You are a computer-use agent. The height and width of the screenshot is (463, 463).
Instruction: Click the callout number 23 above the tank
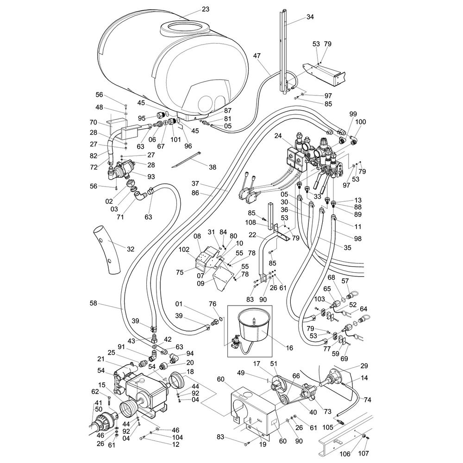point(206,9)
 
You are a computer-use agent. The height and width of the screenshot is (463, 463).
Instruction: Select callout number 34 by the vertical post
point(310,17)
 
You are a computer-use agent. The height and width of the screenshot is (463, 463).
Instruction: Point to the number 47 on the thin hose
point(257,55)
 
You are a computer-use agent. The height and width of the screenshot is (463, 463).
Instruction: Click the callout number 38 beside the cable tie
point(212,167)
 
